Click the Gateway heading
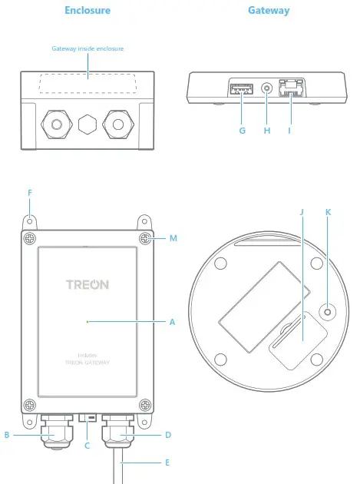[269, 11]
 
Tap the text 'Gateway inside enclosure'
[88, 48]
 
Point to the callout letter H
[267, 131]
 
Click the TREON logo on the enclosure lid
[88, 284]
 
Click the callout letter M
[173, 238]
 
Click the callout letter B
[7, 435]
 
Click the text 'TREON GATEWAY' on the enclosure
[88, 361]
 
